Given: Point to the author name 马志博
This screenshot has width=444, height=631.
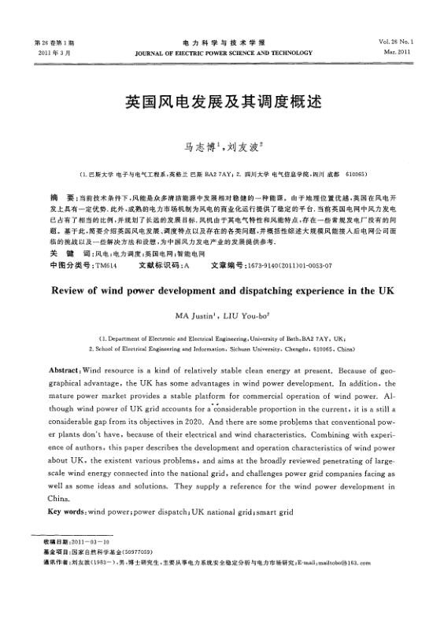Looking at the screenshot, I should pyautogui.click(x=196, y=146).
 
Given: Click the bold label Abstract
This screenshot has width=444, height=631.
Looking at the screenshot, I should pyautogui.click(x=63, y=370).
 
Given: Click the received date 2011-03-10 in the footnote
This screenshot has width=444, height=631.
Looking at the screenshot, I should pyautogui.click(x=92, y=543).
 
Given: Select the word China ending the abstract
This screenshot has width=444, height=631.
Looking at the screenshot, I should pyautogui.click(x=59, y=499).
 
